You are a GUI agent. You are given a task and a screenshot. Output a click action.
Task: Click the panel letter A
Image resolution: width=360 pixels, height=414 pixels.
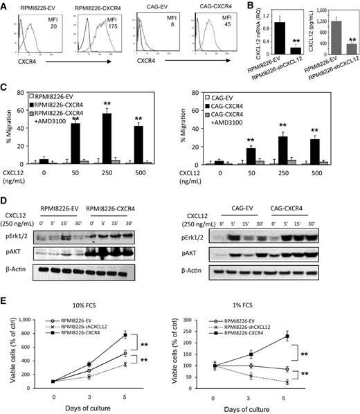click(x=5, y=6)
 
